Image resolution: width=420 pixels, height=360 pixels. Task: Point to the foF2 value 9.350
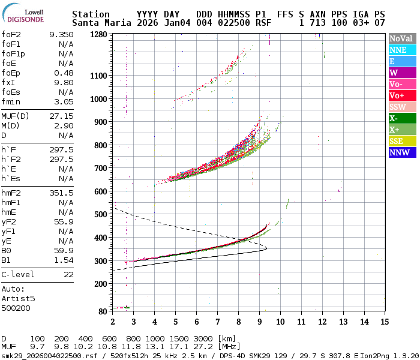(61, 35)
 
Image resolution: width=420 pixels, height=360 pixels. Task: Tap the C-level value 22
(68, 274)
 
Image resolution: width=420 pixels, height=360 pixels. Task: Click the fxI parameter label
(8, 82)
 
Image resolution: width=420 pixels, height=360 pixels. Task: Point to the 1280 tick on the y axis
(99, 34)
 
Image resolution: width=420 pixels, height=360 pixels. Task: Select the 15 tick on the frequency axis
(384, 322)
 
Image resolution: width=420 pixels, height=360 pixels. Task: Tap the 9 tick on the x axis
(259, 322)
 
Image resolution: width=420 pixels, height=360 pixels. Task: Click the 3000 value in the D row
(204, 338)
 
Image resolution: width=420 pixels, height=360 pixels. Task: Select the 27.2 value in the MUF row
(204, 347)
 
